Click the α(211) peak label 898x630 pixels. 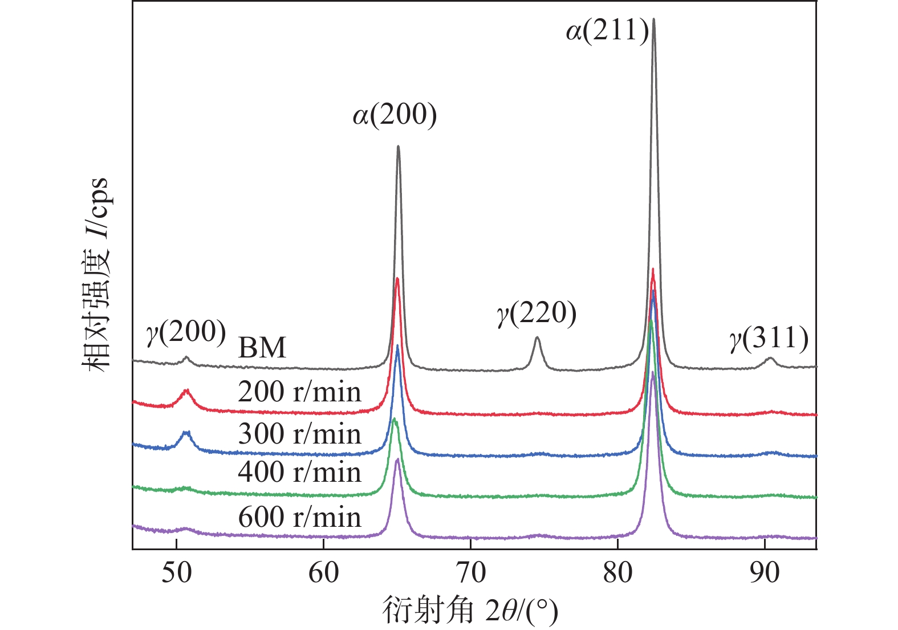[x=607, y=31]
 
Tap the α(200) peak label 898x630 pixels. [x=395, y=115]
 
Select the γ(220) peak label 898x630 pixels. [x=537, y=314]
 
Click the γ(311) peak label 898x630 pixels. [x=769, y=339]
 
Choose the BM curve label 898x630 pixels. [x=262, y=348]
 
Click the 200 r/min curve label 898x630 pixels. [x=299, y=392]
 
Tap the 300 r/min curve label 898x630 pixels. [x=299, y=434]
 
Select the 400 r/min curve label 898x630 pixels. [x=299, y=473]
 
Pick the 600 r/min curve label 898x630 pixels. [x=299, y=518]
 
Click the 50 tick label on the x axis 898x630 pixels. [x=176, y=573]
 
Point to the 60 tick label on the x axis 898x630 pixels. [x=323, y=573]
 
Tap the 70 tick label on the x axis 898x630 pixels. [x=470, y=573]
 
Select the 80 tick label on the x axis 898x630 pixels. [x=617, y=573]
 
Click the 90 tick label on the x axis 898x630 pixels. [x=764, y=573]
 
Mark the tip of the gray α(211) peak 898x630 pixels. [x=653, y=19]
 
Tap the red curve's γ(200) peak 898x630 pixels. [x=186, y=391]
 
